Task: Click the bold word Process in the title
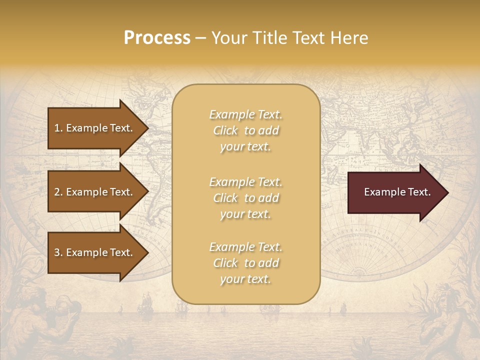(157, 38)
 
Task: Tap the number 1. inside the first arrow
(58, 128)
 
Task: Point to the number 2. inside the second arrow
(58, 192)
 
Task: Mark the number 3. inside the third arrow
(58, 252)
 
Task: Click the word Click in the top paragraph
(225, 130)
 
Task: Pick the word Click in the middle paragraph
(225, 198)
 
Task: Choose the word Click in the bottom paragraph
(225, 263)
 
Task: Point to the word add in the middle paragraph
(268, 198)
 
